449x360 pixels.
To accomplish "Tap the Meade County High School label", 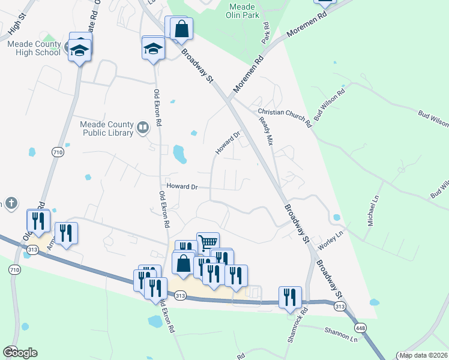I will tap(34, 48).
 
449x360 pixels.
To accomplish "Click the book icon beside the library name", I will tap(143, 127).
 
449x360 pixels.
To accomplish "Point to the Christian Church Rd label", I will tap(285, 118).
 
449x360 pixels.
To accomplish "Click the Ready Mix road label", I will tap(265, 132).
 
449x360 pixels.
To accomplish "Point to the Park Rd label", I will tap(266, 33).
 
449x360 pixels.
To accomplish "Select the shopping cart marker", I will tap(208, 242).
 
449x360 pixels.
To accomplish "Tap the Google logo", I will tap(20, 353).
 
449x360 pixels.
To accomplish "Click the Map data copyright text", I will tap(423, 355).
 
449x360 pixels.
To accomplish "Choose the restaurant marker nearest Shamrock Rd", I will tap(289, 296).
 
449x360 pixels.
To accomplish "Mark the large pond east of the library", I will tap(179, 154).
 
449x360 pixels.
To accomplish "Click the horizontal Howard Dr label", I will tap(182, 187).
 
